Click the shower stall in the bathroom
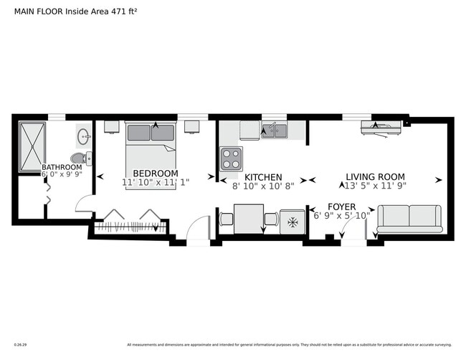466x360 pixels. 33,148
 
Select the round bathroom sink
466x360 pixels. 83,134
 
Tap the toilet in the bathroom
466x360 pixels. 79,158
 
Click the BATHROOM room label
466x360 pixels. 62,166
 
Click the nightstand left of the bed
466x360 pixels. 111,128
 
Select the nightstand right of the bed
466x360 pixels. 191,128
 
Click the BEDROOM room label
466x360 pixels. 156,174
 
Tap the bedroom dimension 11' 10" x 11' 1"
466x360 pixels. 156,183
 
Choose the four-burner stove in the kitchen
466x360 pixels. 231,157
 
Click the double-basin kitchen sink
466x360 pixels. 273,131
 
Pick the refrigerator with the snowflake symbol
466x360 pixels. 293,221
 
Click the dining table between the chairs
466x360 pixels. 249,219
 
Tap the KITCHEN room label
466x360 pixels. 263,177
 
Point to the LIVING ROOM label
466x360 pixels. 375,177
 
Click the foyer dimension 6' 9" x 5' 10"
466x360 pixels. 342,215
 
